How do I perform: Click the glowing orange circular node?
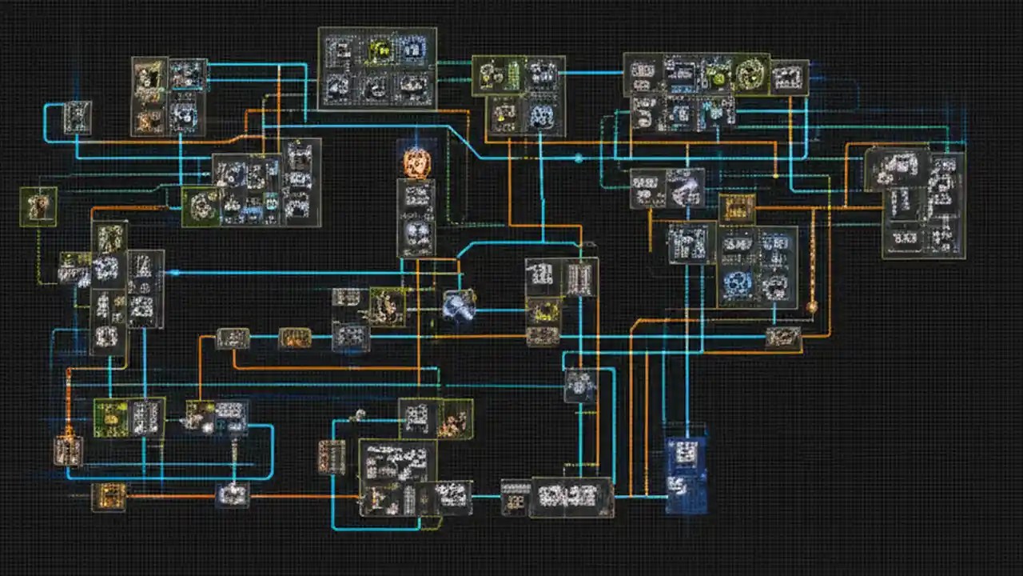pos(416,162)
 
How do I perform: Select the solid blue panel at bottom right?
pos(686,474)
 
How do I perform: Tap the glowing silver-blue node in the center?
pos(460,305)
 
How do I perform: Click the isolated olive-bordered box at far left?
pos(38,206)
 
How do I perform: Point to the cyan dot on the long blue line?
pos(579,159)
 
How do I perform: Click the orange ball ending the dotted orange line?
pos(812,306)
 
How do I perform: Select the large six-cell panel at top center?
pos(377,68)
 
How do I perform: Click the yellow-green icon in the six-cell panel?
pos(380,51)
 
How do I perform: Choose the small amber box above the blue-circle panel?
pos(736,209)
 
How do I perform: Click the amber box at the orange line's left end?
pos(109,497)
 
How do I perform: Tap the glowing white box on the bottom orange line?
pos(233,494)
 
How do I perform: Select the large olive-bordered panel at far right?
pos(924,204)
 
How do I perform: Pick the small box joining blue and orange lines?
pos(782,338)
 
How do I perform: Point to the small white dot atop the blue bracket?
pos(359,414)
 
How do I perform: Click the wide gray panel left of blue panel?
pos(571,497)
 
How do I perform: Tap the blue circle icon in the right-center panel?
pos(738,285)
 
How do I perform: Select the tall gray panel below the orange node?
pos(416,218)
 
